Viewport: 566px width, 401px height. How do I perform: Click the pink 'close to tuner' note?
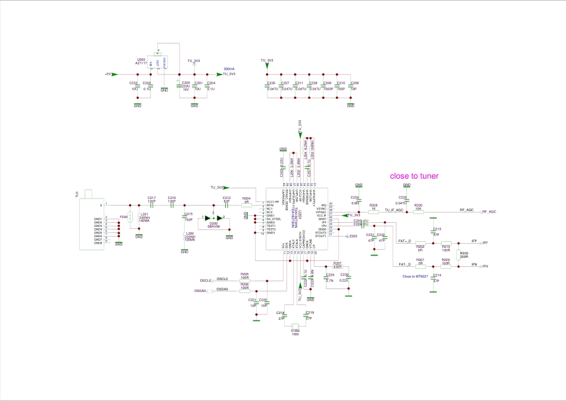click(x=414, y=176)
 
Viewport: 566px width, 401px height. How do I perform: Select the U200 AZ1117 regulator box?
click(x=158, y=65)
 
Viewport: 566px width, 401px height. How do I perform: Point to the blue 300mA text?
click(x=229, y=69)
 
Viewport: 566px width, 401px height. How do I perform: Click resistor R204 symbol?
click(x=246, y=204)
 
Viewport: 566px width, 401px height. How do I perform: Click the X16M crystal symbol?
click(x=295, y=326)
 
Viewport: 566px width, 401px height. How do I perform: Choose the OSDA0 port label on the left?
click(x=201, y=291)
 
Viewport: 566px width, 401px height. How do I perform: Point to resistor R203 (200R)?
click(x=459, y=255)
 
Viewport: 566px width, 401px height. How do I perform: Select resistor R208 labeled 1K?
click(x=374, y=210)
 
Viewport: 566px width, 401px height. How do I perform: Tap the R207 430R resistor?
click(x=337, y=266)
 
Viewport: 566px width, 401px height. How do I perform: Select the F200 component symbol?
click(x=129, y=218)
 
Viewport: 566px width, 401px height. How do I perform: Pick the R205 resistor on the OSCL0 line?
click(x=244, y=281)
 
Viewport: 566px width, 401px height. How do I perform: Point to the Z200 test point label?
click(x=353, y=237)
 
